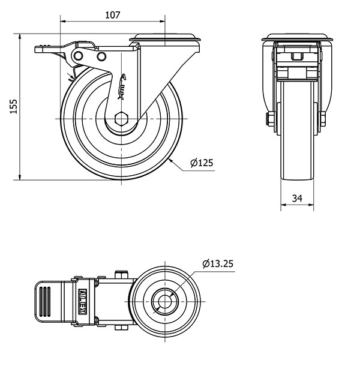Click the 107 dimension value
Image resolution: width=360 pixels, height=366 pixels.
click(113, 15)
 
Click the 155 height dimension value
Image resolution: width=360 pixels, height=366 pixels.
click(14, 106)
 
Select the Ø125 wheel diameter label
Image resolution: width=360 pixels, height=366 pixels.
click(202, 163)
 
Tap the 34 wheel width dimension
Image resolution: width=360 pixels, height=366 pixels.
click(297, 199)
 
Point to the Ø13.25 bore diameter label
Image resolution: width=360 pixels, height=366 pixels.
click(218, 264)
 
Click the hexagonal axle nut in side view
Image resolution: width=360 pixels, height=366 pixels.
click(121, 119)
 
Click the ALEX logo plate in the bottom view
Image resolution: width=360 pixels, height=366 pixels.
click(83, 302)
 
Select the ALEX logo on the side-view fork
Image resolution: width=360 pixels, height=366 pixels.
click(122, 86)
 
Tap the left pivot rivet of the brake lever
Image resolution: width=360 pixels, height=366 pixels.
click(78, 56)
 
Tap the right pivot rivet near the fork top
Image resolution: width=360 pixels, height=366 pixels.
click(101, 56)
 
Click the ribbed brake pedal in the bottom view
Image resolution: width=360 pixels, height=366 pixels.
click(49, 302)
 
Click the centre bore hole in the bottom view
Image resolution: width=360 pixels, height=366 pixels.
click(165, 302)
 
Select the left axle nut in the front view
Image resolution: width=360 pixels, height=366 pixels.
click(271, 119)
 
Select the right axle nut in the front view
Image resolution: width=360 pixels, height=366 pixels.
click(323, 119)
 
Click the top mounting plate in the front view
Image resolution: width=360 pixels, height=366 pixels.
click(297, 37)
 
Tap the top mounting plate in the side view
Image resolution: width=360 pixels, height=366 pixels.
click(165, 38)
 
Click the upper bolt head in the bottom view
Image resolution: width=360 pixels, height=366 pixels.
click(121, 275)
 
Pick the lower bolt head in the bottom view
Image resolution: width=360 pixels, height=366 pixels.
click(121, 328)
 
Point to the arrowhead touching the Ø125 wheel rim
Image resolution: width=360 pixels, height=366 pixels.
click(170, 161)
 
